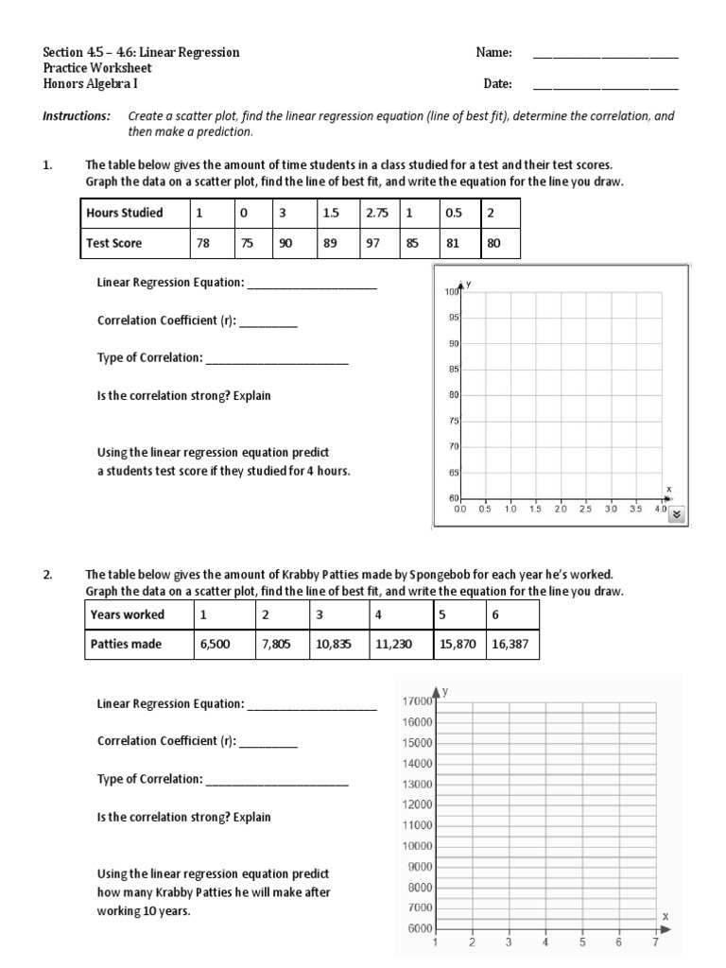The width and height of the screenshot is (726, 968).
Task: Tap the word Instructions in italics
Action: tap(77, 116)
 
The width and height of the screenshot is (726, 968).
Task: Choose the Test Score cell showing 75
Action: tap(252, 243)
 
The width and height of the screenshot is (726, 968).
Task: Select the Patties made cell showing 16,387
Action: tap(511, 644)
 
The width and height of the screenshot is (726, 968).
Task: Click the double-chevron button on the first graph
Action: tap(677, 514)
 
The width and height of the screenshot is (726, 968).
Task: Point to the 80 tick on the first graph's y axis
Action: tap(453, 394)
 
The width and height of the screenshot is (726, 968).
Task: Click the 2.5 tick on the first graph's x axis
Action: tap(584, 510)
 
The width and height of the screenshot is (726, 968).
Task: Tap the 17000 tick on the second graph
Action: tap(417, 701)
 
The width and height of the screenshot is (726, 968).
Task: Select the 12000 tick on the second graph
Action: tap(417, 804)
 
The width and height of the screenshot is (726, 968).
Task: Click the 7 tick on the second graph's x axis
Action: tap(655, 942)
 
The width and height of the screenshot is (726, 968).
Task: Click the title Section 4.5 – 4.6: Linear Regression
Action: tap(141, 52)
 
